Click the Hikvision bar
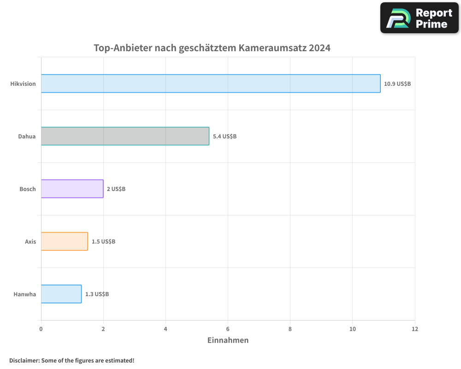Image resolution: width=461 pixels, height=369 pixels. click(211, 83)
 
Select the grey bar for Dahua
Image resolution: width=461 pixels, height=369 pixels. click(125, 136)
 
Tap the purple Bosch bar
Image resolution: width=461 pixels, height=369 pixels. click(72, 189)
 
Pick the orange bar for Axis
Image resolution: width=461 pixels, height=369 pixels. click(64, 241)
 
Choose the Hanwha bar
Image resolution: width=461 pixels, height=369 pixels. click(61, 294)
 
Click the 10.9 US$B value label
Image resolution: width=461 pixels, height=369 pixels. click(397, 84)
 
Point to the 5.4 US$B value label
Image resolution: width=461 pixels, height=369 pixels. click(225, 137)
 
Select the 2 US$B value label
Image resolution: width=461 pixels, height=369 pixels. click(116, 189)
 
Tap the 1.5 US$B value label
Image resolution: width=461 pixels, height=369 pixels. click(103, 242)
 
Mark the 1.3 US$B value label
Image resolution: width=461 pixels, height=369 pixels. click(97, 294)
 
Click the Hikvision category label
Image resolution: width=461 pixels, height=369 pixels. click(23, 84)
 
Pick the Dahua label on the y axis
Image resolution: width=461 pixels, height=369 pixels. click(27, 137)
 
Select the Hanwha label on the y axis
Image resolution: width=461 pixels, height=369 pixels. click(25, 294)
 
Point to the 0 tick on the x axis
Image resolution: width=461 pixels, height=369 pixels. click(41, 329)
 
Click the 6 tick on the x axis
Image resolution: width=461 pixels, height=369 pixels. click(228, 329)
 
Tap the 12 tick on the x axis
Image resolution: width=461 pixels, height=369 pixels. click(414, 329)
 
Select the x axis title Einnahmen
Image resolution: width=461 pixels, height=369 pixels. click(228, 340)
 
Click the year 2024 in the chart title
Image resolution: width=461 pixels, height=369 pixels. click(319, 48)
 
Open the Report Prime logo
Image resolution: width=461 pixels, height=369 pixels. click(419, 18)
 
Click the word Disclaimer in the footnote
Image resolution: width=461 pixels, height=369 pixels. click(24, 360)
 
